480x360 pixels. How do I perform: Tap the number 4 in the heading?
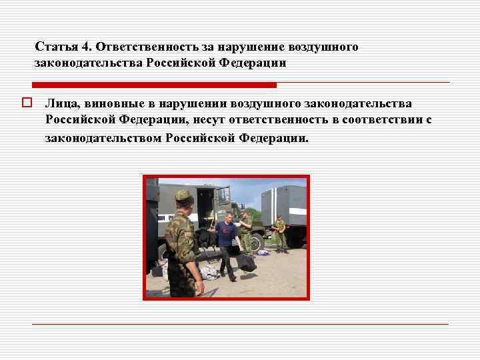point(85,47)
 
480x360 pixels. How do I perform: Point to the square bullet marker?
point(27,103)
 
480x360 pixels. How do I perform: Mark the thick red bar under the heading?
point(153,85)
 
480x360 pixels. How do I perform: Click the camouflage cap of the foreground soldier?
point(183,196)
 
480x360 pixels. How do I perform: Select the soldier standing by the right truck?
point(280,233)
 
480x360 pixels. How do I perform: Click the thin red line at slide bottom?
point(240,324)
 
